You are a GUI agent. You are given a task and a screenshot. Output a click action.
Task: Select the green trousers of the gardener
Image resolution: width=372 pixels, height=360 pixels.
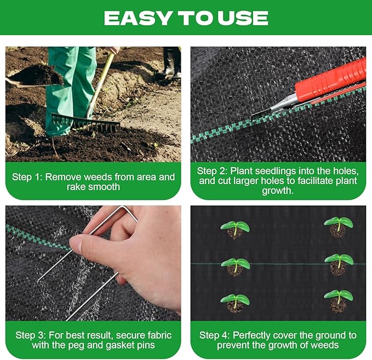(x=71, y=82)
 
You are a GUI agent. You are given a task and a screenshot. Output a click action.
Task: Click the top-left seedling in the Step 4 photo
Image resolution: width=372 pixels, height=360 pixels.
(x=235, y=228)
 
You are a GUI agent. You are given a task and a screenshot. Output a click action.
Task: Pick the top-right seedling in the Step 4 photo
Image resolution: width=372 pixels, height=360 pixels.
(x=338, y=225)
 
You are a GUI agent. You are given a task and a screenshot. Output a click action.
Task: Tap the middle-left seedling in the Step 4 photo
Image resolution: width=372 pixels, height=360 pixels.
(x=236, y=266)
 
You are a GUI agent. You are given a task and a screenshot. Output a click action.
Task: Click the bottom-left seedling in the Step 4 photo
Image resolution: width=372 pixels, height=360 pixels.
(x=234, y=302)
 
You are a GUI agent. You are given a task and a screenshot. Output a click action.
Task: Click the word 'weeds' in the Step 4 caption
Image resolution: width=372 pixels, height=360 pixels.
(x=325, y=345)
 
